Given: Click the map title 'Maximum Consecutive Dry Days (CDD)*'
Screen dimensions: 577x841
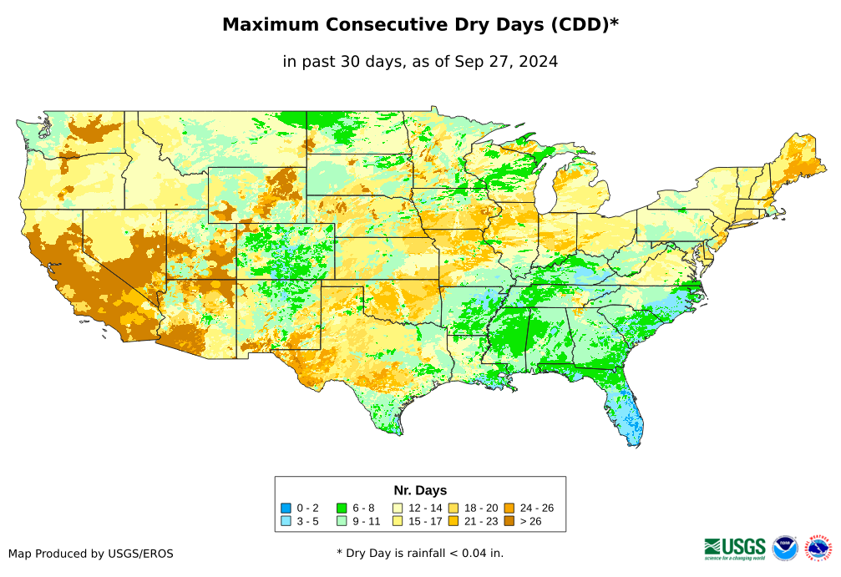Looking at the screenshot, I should coord(420,25).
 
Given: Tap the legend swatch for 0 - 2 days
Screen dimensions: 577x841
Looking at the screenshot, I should coord(286,508).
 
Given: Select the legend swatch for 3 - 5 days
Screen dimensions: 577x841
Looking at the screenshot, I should coord(286,521).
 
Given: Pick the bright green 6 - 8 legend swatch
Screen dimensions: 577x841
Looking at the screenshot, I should coord(342,508).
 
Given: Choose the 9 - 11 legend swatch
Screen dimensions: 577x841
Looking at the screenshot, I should coord(342,521).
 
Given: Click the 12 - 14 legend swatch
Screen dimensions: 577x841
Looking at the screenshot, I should coord(398,508).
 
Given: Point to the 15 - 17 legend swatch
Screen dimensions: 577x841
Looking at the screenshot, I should coord(398,521).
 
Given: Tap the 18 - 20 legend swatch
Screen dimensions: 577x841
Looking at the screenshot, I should coord(453,508).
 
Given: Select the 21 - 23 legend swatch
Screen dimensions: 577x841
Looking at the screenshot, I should coord(453,521).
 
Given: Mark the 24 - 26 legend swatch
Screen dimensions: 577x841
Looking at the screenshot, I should coord(509,508).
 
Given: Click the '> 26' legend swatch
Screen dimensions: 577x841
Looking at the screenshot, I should coord(509,521).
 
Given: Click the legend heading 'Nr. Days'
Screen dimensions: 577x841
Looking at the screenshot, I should coord(420,490).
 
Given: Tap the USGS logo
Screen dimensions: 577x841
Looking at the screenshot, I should coord(735,548).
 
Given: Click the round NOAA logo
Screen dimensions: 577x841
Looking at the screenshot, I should coord(785,548).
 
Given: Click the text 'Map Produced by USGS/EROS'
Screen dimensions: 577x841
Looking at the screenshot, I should coord(91,554).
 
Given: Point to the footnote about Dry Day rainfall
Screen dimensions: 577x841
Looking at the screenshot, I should coord(420,553).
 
